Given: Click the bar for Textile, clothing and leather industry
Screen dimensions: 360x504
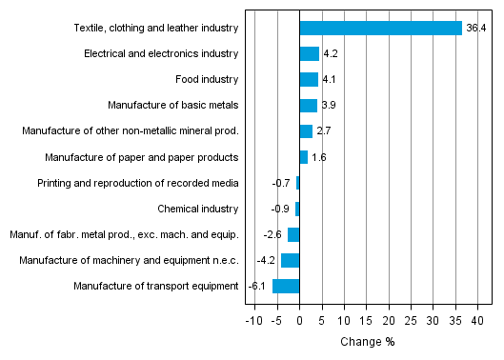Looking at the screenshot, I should click(x=380, y=29).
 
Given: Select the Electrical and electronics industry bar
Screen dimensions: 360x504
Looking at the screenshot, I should click(x=309, y=54).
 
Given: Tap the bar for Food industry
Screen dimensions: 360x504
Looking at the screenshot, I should click(x=309, y=80).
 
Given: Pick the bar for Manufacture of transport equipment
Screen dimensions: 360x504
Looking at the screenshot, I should click(x=286, y=286).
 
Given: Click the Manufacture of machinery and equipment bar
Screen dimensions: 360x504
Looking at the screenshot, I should click(x=290, y=260).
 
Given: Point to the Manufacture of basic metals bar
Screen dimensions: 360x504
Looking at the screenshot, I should click(x=308, y=106).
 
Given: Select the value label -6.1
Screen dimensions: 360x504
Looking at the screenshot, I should click(x=256, y=286).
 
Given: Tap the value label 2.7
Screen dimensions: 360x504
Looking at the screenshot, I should click(x=324, y=131).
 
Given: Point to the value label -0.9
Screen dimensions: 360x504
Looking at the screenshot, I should click(x=279, y=209).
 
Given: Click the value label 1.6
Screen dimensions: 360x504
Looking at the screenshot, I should click(x=318, y=157).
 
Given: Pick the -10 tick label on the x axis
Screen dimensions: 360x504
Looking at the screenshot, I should click(x=253, y=321).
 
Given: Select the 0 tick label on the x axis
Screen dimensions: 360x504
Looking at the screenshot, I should click(x=299, y=321).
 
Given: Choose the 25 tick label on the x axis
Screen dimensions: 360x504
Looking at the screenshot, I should click(x=412, y=321).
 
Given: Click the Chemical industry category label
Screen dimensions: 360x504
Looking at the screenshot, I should click(x=197, y=209).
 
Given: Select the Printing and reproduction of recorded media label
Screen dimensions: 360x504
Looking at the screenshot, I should click(x=137, y=183).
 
